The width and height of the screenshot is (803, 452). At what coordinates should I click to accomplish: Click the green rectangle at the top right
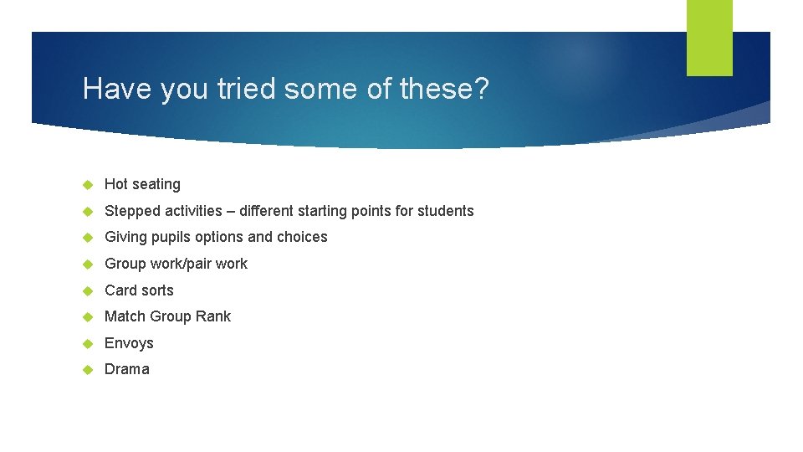click(709, 38)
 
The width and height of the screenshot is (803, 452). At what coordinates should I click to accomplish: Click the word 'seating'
click(156, 185)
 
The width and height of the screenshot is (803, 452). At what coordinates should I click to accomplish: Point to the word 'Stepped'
click(129, 211)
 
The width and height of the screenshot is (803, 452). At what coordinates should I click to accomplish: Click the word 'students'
click(444, 211)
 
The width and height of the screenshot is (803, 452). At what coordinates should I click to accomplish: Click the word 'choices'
click(302, 237)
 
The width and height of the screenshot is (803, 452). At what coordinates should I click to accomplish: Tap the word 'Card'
click(120, 290)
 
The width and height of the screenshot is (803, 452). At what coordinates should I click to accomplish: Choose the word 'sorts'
click(156, 290)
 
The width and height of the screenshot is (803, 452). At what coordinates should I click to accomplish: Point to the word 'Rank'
click(214, 316)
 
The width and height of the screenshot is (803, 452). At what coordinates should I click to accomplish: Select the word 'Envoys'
click(129, 344)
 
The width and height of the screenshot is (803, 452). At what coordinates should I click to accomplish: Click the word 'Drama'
click(127, 369)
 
